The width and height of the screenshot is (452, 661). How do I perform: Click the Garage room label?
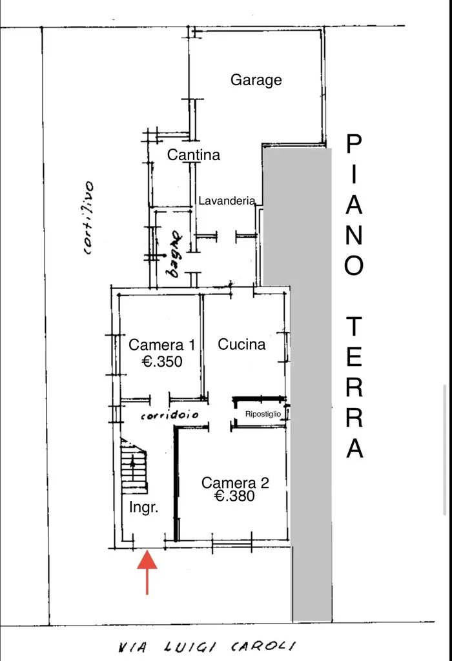256,80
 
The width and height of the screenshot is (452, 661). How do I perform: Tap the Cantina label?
194,155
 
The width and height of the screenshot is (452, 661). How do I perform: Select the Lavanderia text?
227,201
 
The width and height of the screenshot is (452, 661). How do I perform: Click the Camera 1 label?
162,345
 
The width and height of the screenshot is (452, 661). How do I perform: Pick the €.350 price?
162,361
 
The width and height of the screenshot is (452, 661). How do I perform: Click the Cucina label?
241,345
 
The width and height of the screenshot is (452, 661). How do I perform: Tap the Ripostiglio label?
263,414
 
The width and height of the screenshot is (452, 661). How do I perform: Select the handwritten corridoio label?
169,415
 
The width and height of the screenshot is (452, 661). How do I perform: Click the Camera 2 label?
235,483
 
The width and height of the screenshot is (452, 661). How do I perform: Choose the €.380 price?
234,496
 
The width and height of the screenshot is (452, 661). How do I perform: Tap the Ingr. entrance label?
144,507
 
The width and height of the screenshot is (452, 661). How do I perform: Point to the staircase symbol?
134,465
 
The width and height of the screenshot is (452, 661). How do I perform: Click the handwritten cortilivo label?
88,218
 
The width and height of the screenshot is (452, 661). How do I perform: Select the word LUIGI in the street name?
189,647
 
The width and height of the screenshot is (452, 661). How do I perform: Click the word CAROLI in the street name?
263,646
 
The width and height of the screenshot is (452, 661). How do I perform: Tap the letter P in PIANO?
354,144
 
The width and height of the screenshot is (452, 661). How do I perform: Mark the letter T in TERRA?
354,327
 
